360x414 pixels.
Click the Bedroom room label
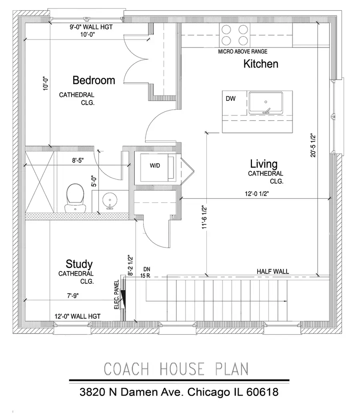pyautogui.click(x=94, y=80)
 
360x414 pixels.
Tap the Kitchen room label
pyautogui.click(x=260, y=64)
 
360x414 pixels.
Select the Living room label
pyautogui.click(x=264, y=164)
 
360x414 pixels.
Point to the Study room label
pyautogui.click(x=79, y=264)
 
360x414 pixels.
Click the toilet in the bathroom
pyautogui.click(x=75, y=199)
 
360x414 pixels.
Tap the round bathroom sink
pyautogui.click(x=110, y=201)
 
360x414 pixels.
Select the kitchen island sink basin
pyautogui.click(x=266, y=103)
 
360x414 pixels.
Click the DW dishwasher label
pyautogui.click(x=230, y=99)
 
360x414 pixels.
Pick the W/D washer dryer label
pyautogui.click(x=155, y=166)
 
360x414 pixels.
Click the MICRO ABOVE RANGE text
pyautogui.click(x=243, y=52)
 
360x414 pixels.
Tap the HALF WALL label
pyautogui.click(x=273, y=271)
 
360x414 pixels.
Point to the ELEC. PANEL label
pyautogui.click(x=116, y=295)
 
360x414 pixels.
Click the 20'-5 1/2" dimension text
pyautogui.click(x=313, y=145)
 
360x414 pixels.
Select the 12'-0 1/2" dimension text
pyautogui.click(x=257, y=194)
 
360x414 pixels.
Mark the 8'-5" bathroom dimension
pyautogui.click(x=78, y=161)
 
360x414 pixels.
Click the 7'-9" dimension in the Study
pyautogui.click(x=73, y=296)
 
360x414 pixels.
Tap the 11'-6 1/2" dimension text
pyautogui.click(x=204, y=217)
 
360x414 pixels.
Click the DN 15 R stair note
pyautogui.click(x=146, y=273)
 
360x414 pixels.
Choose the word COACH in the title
pyautogui.click(x=126, y=369)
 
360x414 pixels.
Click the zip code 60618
pyautogui.click(x=262, y=392)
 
